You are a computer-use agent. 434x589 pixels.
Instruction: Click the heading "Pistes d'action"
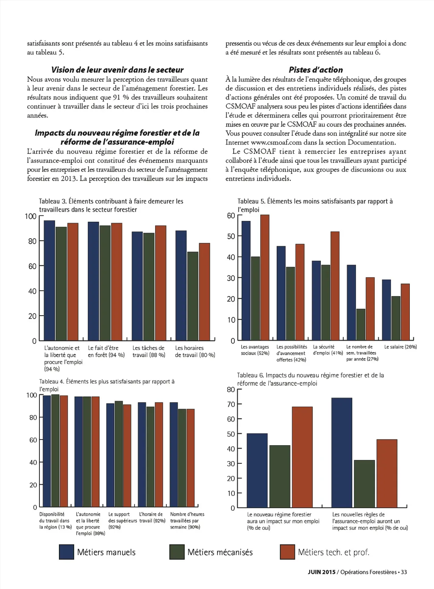click(x=316, y=70)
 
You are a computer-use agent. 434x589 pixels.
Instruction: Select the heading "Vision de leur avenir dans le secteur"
click(x=117, y=70)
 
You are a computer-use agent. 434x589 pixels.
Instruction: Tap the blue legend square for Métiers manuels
click(x=67, y=552)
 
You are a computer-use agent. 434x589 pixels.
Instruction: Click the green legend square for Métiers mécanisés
click(x=177, y=552)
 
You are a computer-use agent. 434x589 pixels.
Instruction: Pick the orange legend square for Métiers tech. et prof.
click(x=287, y=552)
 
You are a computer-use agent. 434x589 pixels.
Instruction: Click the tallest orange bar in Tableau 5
click(x=265, y=277)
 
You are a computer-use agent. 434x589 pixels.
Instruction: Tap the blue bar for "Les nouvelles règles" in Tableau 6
click(x=342, y=453)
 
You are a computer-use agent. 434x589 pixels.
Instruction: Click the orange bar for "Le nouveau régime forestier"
click(x=302, y=457)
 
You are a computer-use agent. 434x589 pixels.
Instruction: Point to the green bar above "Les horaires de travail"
click(x=193, y=296)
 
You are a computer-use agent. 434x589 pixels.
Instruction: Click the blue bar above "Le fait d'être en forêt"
click(x=93, y=281)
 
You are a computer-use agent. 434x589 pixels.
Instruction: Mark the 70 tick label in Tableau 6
click(x=231, y=405)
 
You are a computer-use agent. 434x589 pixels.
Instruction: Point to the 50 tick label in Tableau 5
click(x=231, y=237)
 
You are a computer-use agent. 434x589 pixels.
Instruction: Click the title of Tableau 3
click(x=111, y=205)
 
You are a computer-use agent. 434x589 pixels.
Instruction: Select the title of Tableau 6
click(x=310, y=379)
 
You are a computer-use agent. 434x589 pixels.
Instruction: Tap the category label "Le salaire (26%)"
click(x=401, y=347)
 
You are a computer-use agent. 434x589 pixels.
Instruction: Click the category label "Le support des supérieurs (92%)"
click(x=122, y=521)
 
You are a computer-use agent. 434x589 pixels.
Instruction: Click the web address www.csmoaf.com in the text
click(x=276, y=143)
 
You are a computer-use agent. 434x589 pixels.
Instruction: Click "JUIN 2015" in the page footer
click(x=321, y=572)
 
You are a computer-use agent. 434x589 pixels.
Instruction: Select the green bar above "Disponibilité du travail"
click(x=55, y=451)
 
